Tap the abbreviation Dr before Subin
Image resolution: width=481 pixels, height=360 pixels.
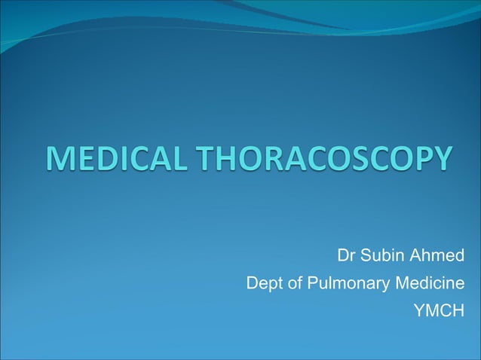pyautogui.click(x=346, y=258)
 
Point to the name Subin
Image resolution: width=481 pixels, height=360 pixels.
pyautogui.click(x=381, y=258)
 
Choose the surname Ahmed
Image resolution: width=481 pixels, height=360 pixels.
pyautogui.click(x=437, y=258)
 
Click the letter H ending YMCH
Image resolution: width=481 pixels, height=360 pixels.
pyautogui.click(x=457, y=310)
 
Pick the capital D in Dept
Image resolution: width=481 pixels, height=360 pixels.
pyautogui.click(x=252, y=283)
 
